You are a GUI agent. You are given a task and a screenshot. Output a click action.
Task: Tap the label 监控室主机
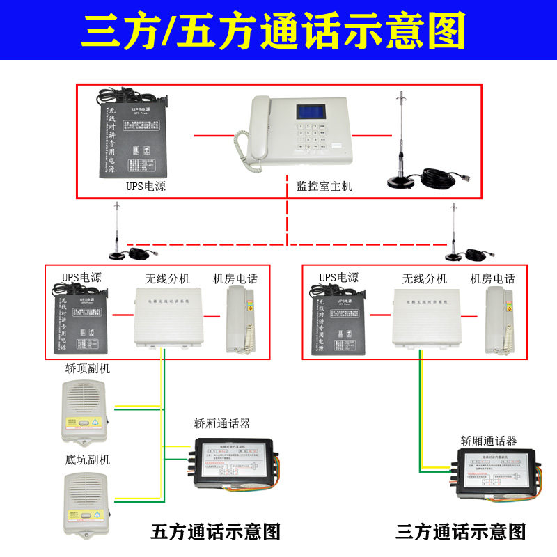pyautogui.click(x=324, y=186)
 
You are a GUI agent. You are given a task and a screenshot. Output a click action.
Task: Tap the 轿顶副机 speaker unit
pyautogui.click(x=84, y=410)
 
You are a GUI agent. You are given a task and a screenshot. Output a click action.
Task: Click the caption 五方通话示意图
pyautogui.click(x=215, y=533)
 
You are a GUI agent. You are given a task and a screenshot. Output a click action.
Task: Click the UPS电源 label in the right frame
pyautogui.click(x=339, y=278)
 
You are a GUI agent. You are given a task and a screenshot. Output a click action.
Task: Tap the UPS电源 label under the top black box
pyautogui.click(x=146, y=186)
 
